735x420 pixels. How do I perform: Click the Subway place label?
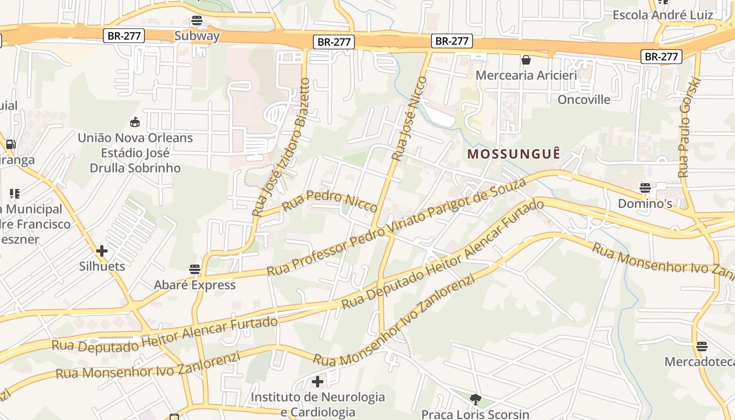coord(197,36)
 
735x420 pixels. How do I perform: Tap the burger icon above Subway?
coord(197,20)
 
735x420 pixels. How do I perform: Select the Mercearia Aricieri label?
coord(526,75)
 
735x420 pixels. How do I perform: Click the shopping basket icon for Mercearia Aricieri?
coord(526,60)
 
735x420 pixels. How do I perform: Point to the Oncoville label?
coord(584,99)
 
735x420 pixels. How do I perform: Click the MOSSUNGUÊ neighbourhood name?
coord(514,154)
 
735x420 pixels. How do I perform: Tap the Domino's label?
coord(645,203)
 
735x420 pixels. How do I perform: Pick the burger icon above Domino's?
coord(645,188)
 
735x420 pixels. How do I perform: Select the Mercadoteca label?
coord(699,362)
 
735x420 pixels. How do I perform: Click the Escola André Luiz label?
coord(663,15)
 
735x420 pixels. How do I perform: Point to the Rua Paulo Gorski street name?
coord(689,128)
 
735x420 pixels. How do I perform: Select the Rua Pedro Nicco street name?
coord(330,201)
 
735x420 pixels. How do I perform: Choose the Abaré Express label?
coord(195,285)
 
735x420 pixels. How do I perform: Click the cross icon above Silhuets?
coord(102,251)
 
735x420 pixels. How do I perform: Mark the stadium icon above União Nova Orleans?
coord(135,122)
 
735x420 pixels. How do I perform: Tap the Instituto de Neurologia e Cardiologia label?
coord(318,404)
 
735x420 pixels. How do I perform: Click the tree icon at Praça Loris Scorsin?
coord(476,400)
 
